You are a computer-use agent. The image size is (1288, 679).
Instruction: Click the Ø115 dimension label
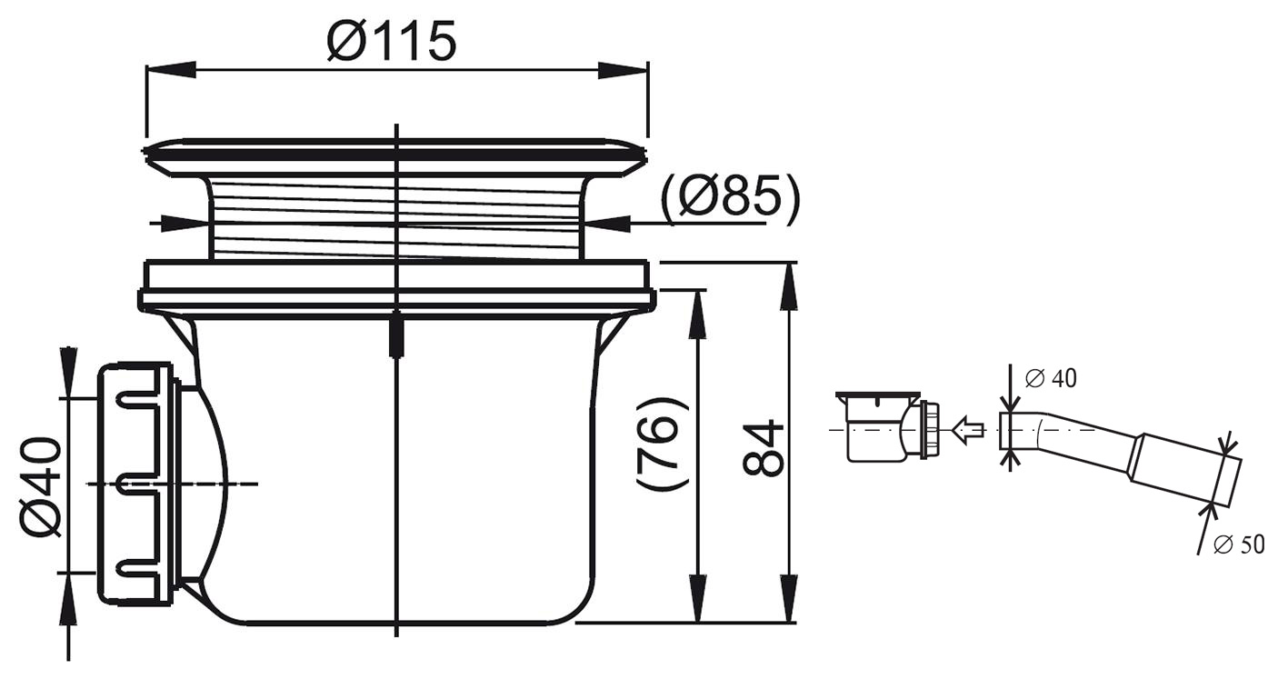pyautogui.click(x=391, y=41)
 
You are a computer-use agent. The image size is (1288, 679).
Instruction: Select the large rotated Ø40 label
pyautogui.click(x=40, y=487)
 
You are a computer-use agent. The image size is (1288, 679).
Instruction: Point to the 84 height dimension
pyautogui.click(x=763, y=449)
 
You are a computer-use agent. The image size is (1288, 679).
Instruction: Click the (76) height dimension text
pyautogui.click(x=663, y=444)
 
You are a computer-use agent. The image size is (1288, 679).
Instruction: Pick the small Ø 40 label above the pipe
pyautogui.click(x=1051, y=378)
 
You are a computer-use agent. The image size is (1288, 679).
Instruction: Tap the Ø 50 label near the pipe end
pyautogui.click(x=1239, y=544)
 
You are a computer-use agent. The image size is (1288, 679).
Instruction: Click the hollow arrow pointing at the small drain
pyautogui.click(x=968, y=429)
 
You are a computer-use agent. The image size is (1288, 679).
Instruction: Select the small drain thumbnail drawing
pyautogui.click(x=888, y=426)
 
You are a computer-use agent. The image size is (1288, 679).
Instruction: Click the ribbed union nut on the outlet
pyautogui.click(x=137, y=484)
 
